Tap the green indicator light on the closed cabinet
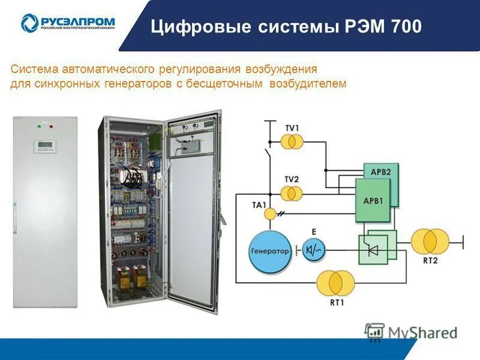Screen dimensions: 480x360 [x=38, y=126]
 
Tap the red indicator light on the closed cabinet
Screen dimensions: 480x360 [x=51, y=126]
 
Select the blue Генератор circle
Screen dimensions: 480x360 [x=269, y=251]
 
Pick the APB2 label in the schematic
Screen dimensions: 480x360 [x=380, y=170]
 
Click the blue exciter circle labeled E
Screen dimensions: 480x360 [x=313, y=250]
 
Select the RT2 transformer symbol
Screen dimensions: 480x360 [x=430, y=241]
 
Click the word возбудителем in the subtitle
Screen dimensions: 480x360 [x=308, y=84]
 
